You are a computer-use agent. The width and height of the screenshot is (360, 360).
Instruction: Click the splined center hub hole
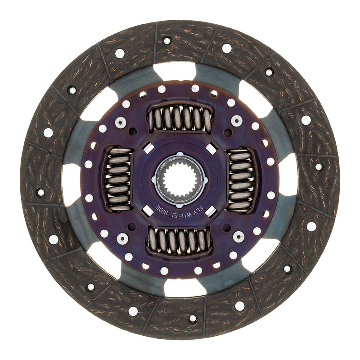tap(180, 180)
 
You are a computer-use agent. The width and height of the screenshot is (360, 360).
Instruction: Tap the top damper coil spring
tap(180, 118)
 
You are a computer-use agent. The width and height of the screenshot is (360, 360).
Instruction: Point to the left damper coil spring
tap(119, 179)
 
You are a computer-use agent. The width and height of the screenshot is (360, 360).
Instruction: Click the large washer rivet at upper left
tap(121, 122)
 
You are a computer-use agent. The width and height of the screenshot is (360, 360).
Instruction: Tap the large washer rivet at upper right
tap(237, 121)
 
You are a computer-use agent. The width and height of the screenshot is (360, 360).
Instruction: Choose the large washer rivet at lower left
tap(122, 238)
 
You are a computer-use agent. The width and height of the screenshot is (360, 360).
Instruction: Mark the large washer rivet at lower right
tap(238, 237)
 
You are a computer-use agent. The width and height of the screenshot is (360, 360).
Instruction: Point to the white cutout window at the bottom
tap(184, 288)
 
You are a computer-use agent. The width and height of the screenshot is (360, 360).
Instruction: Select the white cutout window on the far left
tap(72, 184)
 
